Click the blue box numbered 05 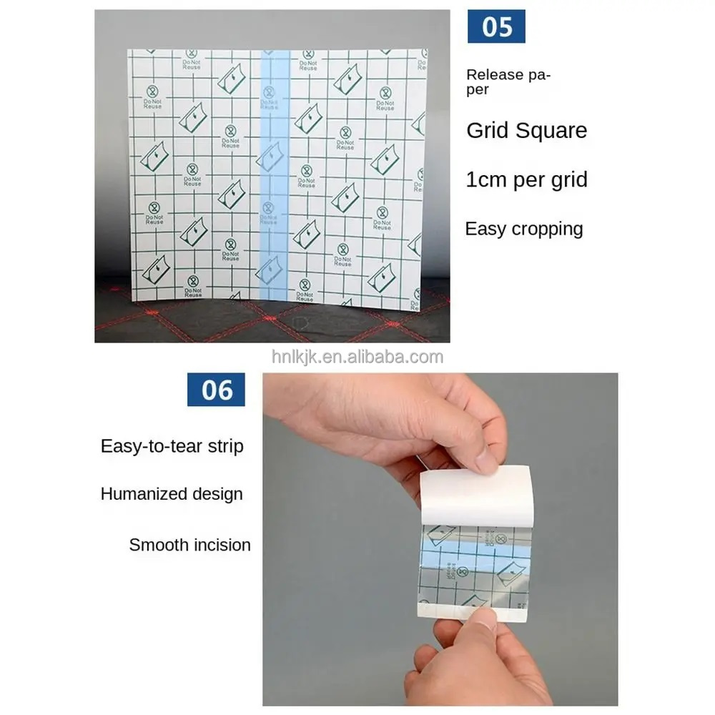pos(496,26)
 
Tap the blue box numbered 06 pos(216,390)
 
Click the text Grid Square pos(526,130)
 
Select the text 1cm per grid pos(526,179)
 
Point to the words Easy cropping pos(524,229)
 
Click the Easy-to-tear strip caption pos(172,446)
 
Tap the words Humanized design pos(172,494)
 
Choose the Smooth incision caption pos(189,545)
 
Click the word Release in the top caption pos(495,74)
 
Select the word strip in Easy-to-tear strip pos(225,446)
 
